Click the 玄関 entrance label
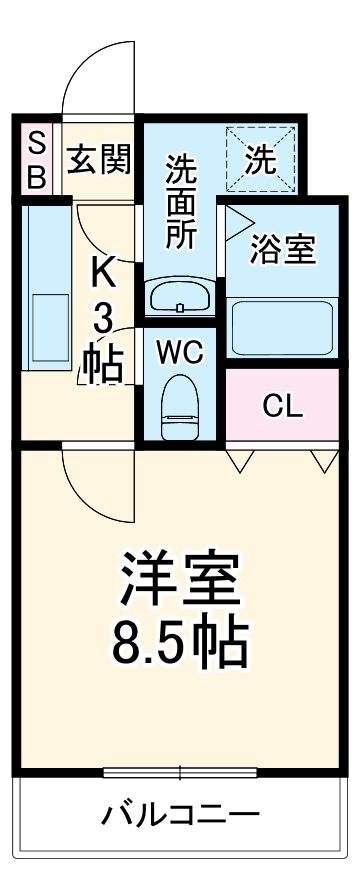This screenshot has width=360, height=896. [99, 158]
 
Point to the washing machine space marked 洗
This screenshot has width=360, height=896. [261, 160]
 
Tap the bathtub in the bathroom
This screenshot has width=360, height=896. [282, 328]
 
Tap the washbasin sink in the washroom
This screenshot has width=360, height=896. [180, 296]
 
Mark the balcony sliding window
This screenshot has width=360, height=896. [180, 772]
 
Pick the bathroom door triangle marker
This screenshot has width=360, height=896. [236, 219]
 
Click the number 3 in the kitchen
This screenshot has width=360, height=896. [103, 319]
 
